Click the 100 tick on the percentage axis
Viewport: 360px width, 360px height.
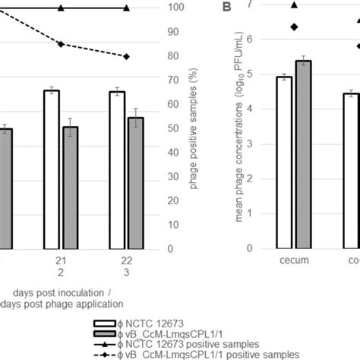click(x=175, y=8)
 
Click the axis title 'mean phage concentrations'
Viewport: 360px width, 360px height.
click(x=229, y=129)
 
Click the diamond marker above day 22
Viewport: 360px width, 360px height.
click(x=127, y=56)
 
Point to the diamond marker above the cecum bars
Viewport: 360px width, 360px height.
click(x=293, y=27)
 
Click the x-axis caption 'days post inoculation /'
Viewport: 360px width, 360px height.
click(x=57, y=292)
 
